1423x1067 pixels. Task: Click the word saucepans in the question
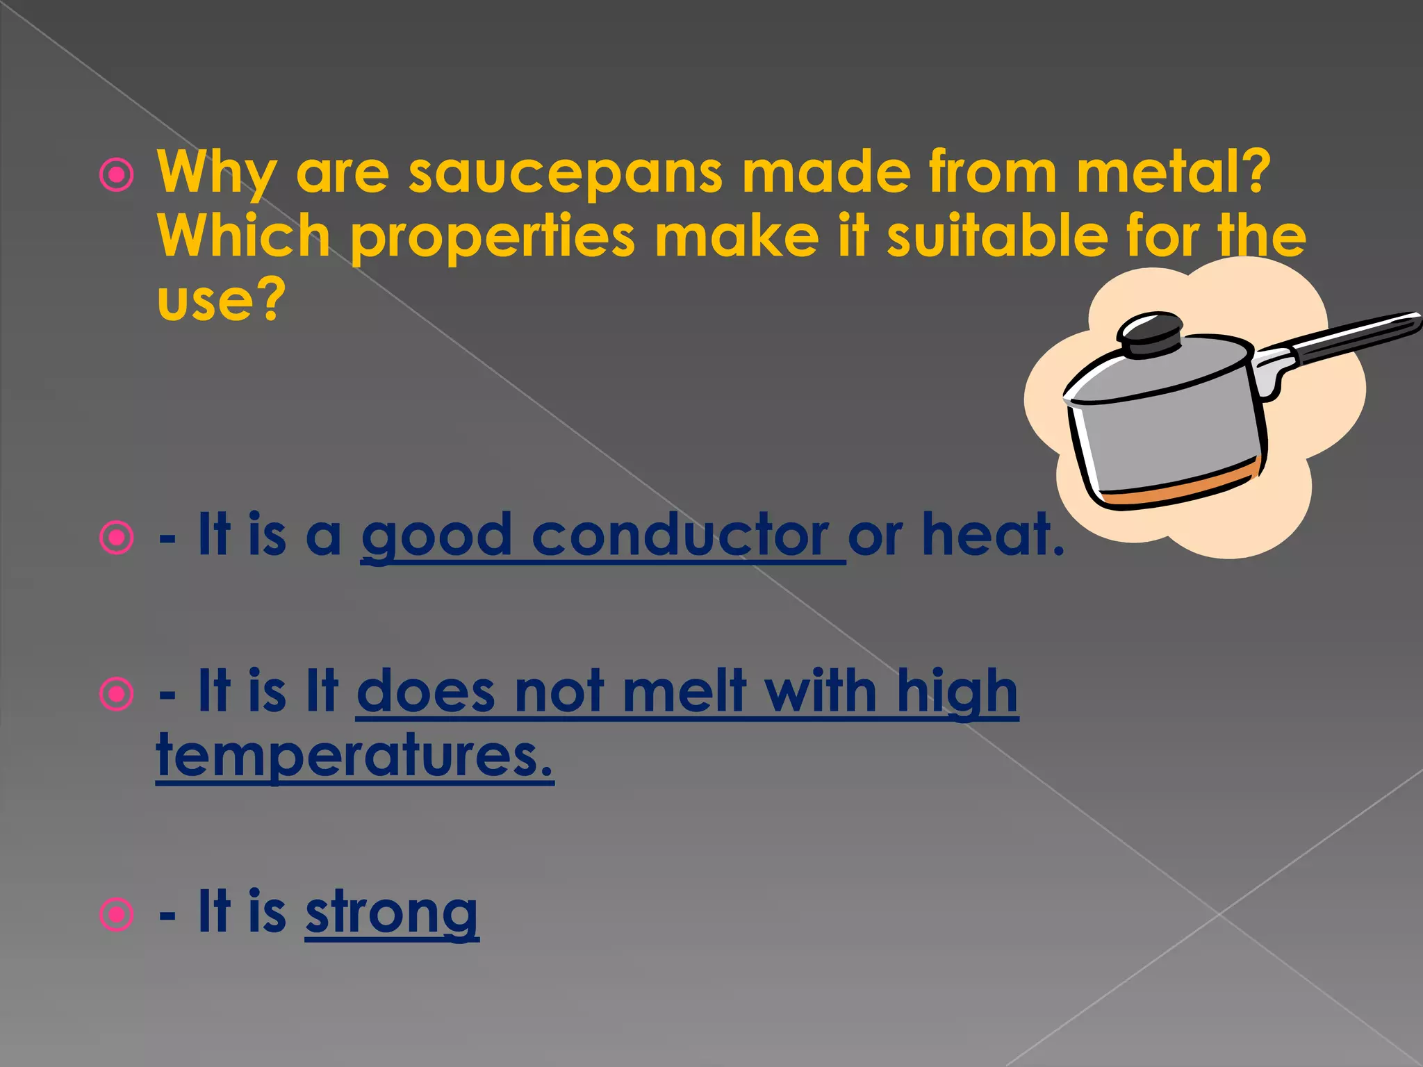pyautogui.click(x=565, y=172)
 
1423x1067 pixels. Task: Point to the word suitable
pyautogui.click(x=996, y=236)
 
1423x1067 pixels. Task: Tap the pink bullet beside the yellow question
pyautogui.click(x=116, y=176)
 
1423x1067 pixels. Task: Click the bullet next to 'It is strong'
pyautogui.click(x=116, y=915)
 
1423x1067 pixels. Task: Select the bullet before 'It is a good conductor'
pyautogui.click(x=116, y=538)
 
